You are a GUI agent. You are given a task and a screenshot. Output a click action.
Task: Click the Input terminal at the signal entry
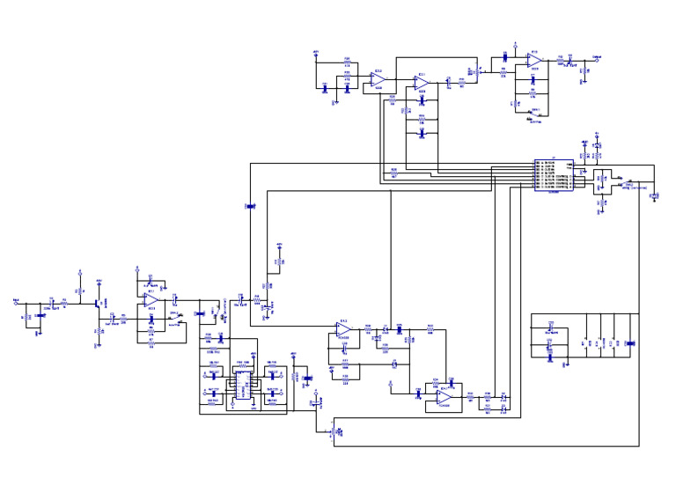[x=17, y=303]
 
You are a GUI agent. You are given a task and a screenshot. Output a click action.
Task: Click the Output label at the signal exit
[x=597, y=56]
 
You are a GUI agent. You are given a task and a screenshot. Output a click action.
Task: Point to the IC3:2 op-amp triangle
[x=378, y=80]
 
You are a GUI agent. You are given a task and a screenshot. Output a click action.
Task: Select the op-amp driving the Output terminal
[x=533, y=60]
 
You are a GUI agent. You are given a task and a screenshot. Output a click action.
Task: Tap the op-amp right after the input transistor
[x=151, y=300]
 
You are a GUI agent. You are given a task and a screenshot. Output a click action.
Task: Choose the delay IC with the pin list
[x=554, y=175]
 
